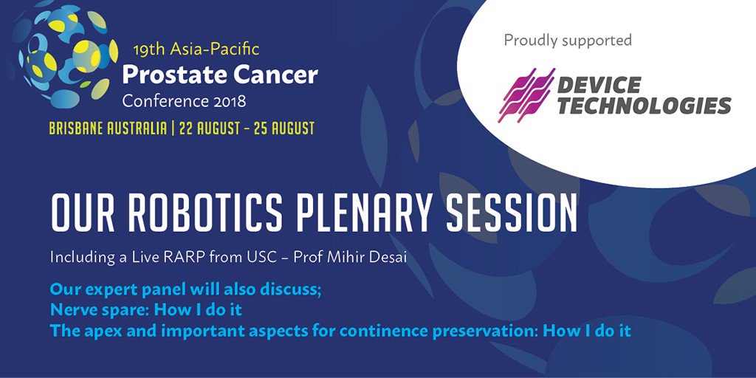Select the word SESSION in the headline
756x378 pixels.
click(512, 213)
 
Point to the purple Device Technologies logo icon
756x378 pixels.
click(526, 95)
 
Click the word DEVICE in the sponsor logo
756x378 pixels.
click(599, 85)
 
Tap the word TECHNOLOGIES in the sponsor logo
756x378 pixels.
click(644, 105)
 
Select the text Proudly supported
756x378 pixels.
click(568, 41)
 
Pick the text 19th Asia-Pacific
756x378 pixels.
click(196, 49)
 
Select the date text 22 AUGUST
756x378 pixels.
click(207, 128)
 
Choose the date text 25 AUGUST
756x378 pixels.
click(286, 128)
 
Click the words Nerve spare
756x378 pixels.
click(100, 310)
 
